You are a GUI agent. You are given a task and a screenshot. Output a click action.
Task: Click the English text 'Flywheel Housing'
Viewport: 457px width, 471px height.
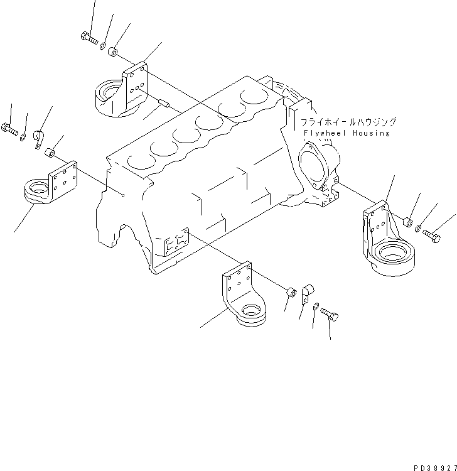pos(345,133)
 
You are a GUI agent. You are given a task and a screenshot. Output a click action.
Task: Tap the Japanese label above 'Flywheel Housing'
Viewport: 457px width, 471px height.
pos(348,122)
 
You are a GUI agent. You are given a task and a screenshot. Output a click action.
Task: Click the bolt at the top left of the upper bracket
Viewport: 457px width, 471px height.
pos(89,39)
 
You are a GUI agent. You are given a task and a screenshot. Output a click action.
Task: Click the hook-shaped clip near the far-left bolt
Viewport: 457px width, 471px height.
pos(38,138)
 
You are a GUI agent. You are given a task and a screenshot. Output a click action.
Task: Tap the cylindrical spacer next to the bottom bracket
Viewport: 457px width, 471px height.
pos(291,293)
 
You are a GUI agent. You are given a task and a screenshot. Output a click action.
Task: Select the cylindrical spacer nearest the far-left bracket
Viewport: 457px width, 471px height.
pos(54,153)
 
